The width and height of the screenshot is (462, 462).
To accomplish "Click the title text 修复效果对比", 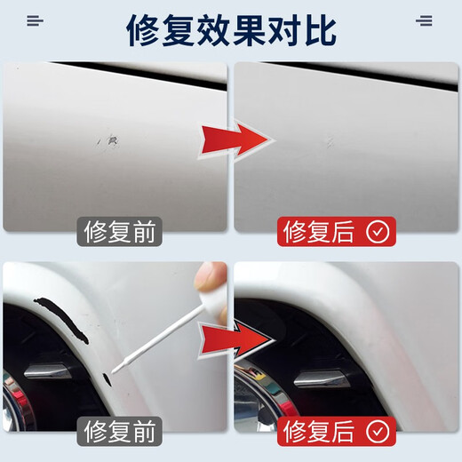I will [230, 30].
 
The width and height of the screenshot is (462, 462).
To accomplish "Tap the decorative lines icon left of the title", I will [35, 21].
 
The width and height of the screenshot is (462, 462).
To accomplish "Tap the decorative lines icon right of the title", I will [426, 21].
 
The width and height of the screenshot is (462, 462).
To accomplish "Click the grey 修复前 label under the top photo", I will [119, 233].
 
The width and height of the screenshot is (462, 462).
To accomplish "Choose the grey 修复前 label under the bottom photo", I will [119, 433].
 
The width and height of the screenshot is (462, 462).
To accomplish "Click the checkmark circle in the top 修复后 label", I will [378, 233].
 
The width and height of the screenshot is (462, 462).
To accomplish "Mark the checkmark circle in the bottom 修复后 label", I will [378, 433].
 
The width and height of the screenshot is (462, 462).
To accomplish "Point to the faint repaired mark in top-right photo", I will [329, 140].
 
